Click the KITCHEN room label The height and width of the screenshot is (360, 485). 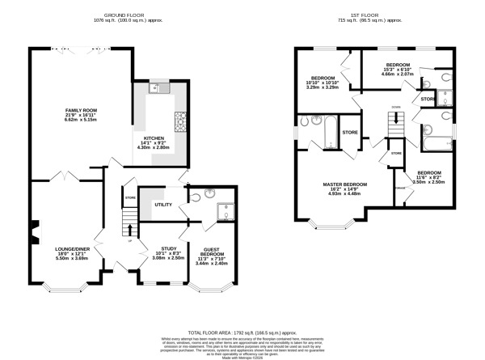[x=154, y=138]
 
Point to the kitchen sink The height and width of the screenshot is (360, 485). [x=156, y=89]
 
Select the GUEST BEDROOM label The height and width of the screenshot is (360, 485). [x=212, y=251]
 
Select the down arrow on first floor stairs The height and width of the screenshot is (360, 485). [x=395, y=107]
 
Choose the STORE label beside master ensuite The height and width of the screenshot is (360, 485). [x=351, y=132]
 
